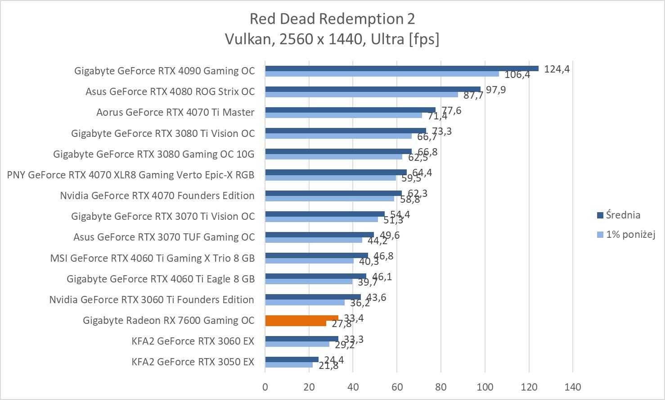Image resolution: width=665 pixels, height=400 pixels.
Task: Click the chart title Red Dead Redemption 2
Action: click(332, 19)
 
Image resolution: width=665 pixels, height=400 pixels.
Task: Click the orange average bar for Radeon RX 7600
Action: click(301, 318)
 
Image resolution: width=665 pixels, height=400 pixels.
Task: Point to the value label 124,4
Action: click(557, 69)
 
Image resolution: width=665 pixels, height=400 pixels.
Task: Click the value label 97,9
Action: click(496, 90)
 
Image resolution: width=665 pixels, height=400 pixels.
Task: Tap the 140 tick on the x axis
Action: click(573, 386)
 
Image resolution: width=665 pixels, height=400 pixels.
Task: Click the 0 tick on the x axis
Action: click(265, 386)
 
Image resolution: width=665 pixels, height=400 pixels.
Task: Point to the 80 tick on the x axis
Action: click(441, 386)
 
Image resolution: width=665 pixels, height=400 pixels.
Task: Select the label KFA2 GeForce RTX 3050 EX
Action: click(193, 362)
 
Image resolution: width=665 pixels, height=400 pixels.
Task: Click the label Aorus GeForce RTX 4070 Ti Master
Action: click(175, 112)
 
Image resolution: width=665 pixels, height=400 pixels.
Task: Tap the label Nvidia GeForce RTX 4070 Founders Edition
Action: click(157, 195)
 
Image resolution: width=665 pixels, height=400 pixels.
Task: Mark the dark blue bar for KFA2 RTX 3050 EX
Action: click(292, 359)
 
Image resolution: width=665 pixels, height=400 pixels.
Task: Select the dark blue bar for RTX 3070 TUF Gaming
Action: click(319, 235)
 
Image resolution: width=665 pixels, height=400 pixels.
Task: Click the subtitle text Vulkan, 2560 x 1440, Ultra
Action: click(332, 39)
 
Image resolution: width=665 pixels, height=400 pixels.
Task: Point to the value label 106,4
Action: click(517, 75)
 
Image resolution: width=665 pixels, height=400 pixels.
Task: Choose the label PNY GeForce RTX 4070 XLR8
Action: click(130, 175)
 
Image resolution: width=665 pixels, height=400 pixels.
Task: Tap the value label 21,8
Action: click(328, 366)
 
